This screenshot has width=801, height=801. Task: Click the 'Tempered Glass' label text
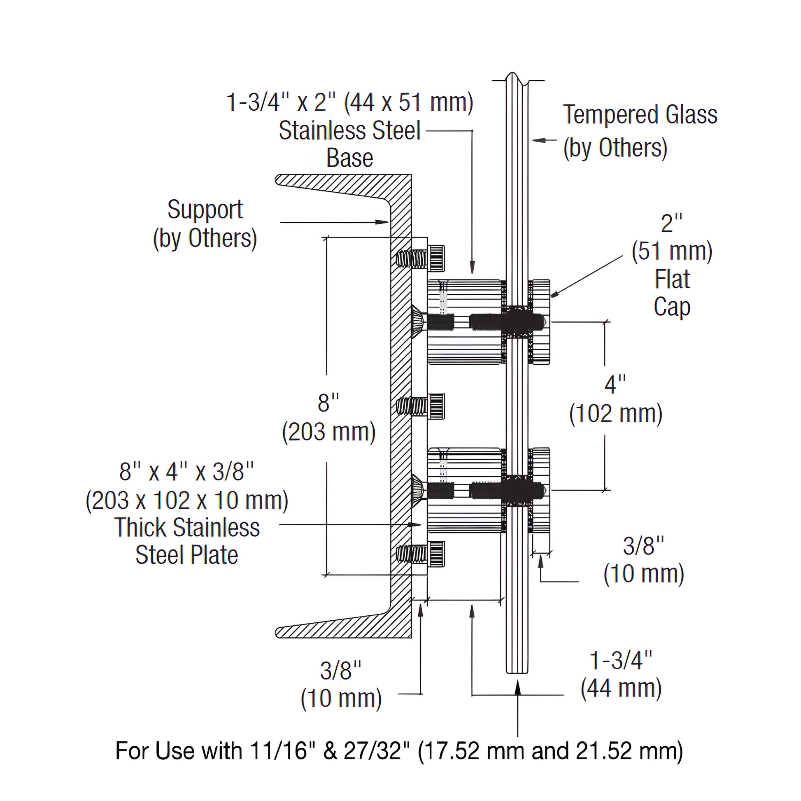(640, 115)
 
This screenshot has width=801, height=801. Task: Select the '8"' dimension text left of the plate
(328, 403)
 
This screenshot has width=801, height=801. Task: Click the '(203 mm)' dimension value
(329, 433)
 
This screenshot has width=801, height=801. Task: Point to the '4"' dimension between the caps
(615, 384)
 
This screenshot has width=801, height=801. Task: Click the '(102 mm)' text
(616, 414)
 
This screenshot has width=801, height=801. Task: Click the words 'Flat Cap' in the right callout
(672, 293)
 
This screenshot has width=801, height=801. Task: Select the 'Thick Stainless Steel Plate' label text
(187, 541)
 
